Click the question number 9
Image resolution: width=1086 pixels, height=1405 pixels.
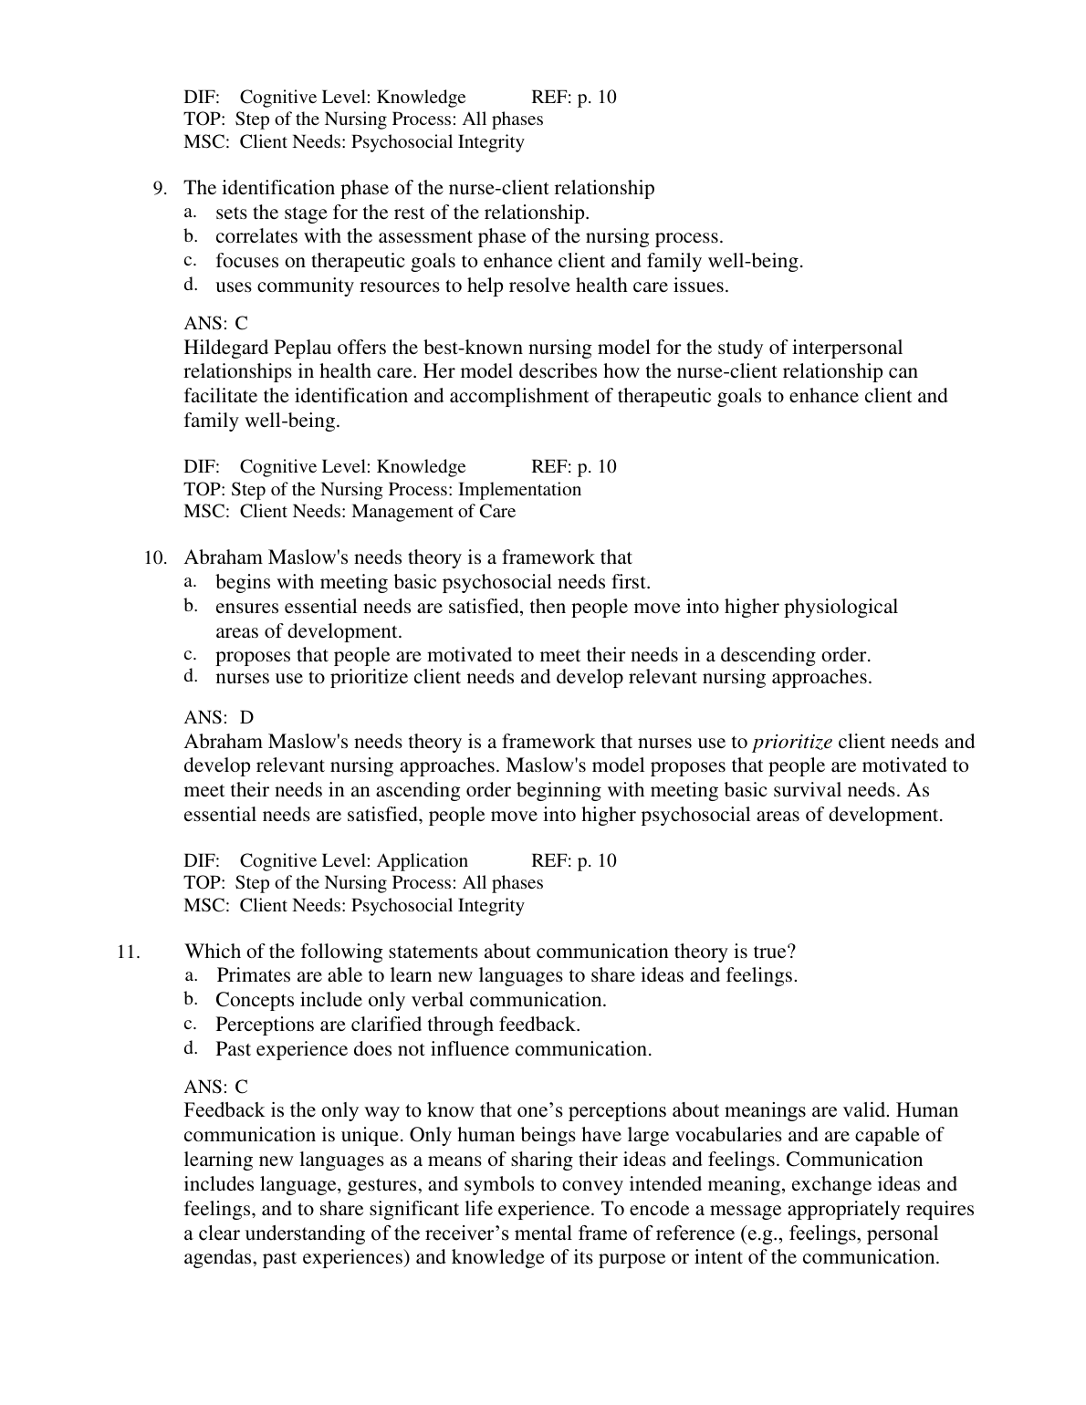click(160, 189)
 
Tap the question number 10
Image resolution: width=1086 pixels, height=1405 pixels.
click(154, 558)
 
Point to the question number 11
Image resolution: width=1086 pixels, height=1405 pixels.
click(128, 952)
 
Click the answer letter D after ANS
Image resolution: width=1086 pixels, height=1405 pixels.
click(246, 718)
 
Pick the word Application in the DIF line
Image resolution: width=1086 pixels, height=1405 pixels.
click(422, 860)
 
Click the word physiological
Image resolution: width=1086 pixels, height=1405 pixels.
click(841, 607)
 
